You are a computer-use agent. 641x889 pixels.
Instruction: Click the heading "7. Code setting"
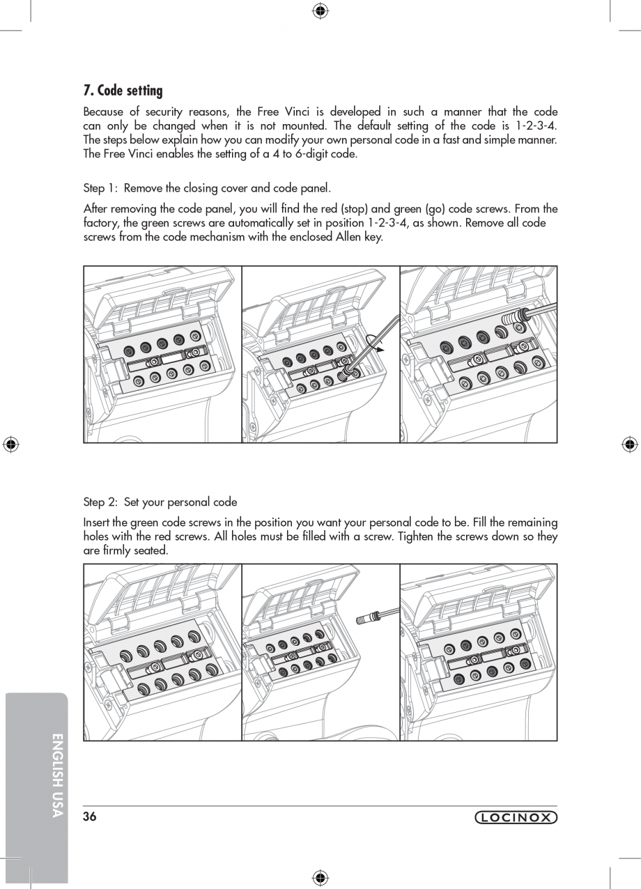(x=123, y=91)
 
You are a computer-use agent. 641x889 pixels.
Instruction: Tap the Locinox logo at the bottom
(x=516, y=818)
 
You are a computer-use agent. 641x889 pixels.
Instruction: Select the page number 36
(x=89, y=817)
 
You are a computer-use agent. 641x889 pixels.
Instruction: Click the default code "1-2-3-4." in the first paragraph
(x=536, y=126)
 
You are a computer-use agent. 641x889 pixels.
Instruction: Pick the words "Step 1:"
(x=101, y=188)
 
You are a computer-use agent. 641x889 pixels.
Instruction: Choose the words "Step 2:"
(x=101, y=502)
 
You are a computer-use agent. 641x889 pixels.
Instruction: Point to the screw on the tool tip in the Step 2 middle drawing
(x=365, y=618)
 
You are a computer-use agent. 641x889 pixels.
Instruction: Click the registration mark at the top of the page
(x=320, y=10)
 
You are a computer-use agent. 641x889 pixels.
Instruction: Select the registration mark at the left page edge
(x=10, y=444)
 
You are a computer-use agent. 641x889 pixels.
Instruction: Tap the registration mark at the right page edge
(x=629, y=444)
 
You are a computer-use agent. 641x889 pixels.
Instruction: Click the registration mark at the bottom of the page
(x=320, y=877)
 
